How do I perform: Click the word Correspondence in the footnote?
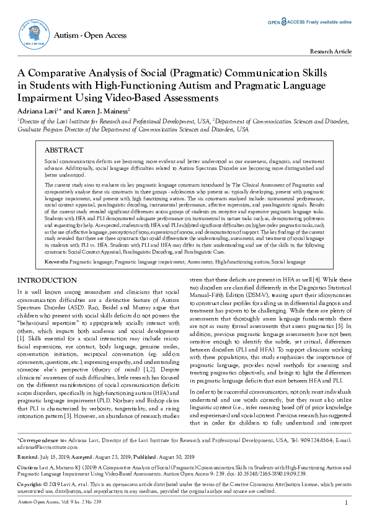38,440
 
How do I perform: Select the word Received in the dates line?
28,456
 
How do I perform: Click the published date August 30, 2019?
179,456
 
